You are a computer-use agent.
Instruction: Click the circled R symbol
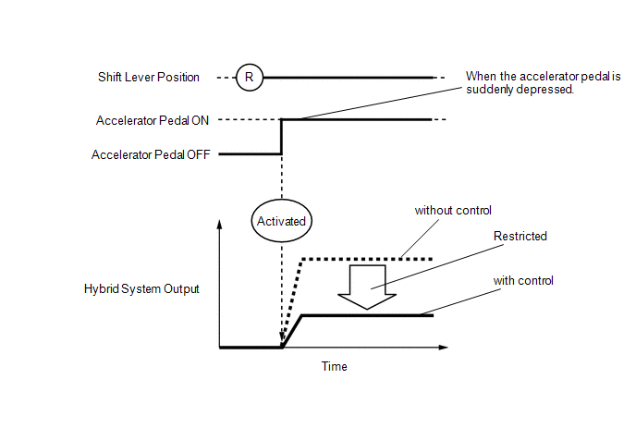coord(249,77)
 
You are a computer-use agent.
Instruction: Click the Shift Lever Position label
coord(149,77)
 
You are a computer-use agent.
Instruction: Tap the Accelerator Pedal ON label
coord(152,120)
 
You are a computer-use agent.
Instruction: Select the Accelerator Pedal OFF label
coord(150,155)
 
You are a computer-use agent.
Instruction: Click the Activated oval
coord(281,221)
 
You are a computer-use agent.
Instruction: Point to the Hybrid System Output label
coord(141,288)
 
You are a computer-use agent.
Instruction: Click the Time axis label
coord(335,367)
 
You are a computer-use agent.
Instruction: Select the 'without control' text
coord(453,211)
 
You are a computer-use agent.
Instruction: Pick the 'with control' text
coord(523,280)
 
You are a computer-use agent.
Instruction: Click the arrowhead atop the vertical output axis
coord(219,225)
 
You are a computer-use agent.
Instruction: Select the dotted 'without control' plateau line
coord(370,259)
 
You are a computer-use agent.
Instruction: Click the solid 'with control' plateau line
coord(370,316)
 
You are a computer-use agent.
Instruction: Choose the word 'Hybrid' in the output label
coord(102,288)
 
